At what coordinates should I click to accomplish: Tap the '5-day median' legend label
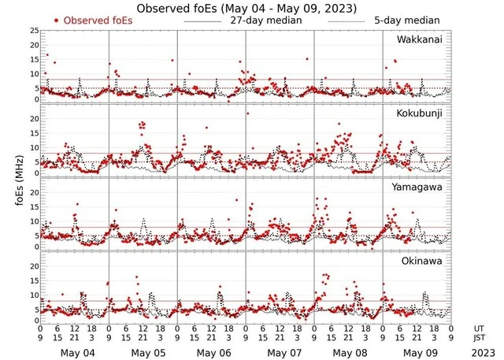click(x=406, y=20)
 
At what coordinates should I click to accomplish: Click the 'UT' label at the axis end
click(x=480, y=328)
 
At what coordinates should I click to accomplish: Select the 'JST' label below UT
click(x=480, y=338)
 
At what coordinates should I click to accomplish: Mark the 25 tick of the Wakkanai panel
click(x=33, y=30)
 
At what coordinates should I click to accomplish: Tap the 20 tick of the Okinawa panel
click(x=33, y=266)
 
